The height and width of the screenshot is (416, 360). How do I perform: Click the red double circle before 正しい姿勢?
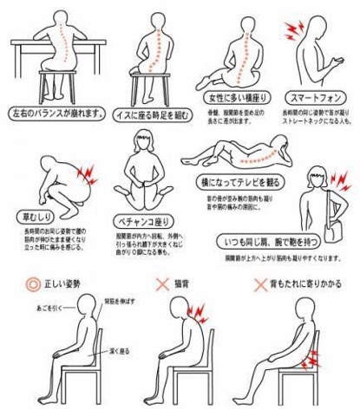point(32,283)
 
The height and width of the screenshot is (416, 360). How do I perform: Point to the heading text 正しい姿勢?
point(68,283)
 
